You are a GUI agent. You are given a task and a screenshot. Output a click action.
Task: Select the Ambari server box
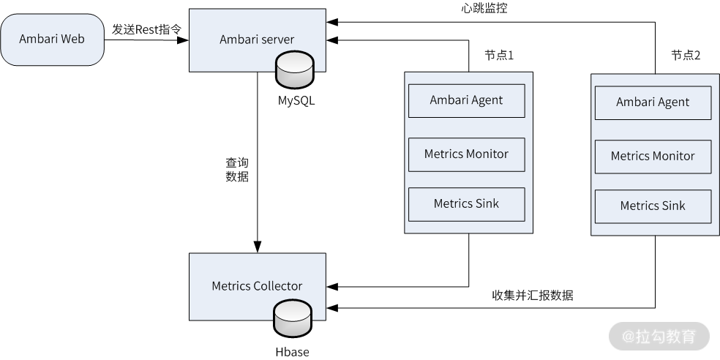pyautogui.click(x=256, y=40)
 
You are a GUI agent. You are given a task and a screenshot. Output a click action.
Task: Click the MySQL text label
pyautogui.click(x=296, y=101)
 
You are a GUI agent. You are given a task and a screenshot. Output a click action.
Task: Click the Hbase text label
pyautogui.click(x=292, y=352)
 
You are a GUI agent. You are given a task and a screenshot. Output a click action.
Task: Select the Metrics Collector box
pyautogui.click(x=256, y=285)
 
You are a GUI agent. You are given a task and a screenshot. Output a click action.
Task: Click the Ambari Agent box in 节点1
pyautogui.click(x=466, y=100)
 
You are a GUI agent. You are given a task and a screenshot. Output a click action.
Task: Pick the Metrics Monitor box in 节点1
pyautogui.click(x=466, y=154)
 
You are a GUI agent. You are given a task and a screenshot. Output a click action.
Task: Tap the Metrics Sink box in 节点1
pyautogui.click(x=466, y=204)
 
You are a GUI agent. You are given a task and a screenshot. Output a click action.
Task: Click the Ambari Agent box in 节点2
pyautogui.click(x=653, y=102)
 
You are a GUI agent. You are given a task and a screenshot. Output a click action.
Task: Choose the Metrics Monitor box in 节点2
pyautogui.click(x=653, y=156)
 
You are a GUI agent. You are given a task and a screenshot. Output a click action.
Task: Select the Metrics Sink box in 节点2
pyautogui.click(x=653, y=206)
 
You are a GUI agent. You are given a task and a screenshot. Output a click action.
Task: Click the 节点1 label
pyautogui.click(x=500, y=56)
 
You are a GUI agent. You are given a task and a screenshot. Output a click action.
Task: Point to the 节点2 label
pyautogui.click(x=686, y=56)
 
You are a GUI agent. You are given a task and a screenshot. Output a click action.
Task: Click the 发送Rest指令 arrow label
pyautogui.click(x=146, y=29)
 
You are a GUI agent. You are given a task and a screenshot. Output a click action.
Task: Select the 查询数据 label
pyautogui.click(x=236, y=169)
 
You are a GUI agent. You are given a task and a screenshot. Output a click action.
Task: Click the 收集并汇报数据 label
pyautogui.click(x=532, y=296)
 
